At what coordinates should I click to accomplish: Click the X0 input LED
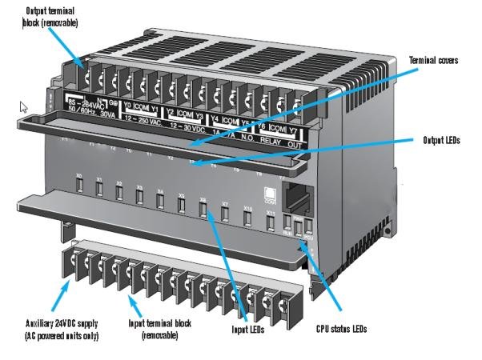pyautogui.click(x=78, y=185)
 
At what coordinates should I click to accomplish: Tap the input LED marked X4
pyautogui.click(x=161, y=201)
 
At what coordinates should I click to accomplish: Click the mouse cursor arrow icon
pyautogui.click(x=24, y=107)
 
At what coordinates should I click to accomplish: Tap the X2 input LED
pyautogui.click(x=119, y=193)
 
